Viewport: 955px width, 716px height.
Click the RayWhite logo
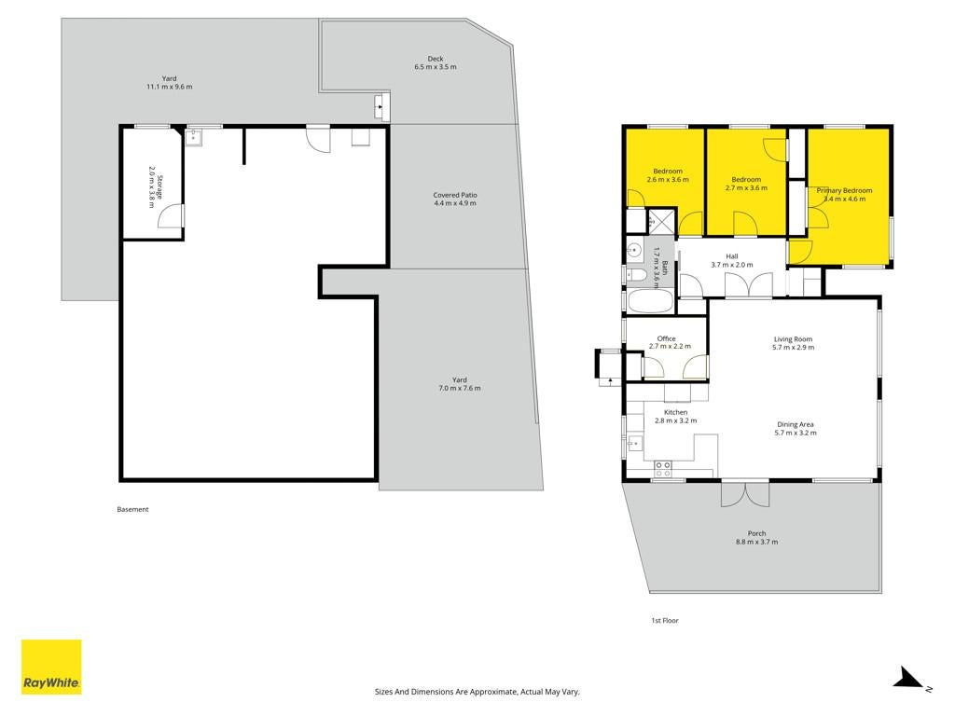51,667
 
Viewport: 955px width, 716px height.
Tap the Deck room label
435,59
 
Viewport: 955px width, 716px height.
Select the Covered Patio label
455,196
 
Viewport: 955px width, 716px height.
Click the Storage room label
160,186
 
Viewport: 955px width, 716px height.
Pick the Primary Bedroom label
844,190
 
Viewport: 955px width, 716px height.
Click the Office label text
666,338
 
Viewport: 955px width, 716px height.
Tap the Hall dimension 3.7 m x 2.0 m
732,265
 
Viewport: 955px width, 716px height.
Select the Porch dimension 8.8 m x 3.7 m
756,542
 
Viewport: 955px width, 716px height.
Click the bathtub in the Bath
650,301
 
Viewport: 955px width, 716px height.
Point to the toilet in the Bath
636,275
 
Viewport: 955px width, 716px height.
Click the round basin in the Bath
634,250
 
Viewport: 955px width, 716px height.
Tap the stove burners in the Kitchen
663,469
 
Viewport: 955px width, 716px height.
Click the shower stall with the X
661,222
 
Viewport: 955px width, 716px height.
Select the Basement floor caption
132,510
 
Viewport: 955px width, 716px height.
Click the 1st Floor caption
664,620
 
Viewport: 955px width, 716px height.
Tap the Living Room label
793,339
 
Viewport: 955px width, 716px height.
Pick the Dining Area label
795,424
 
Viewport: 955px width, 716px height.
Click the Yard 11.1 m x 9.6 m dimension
170,87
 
